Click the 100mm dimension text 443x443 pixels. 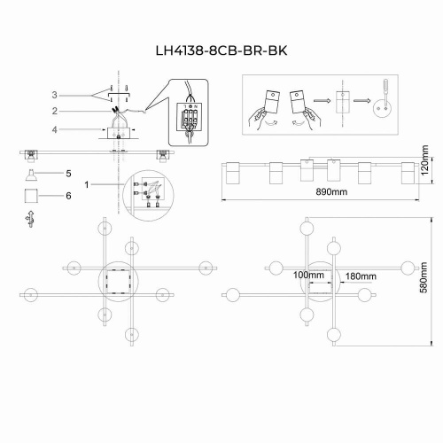[307, 276]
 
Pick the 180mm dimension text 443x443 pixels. [361, 276]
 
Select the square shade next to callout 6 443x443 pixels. [29, 193]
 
